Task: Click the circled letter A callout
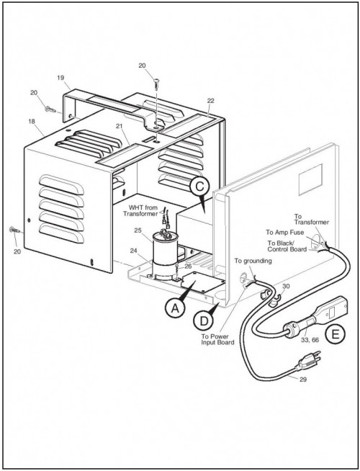point(175,308)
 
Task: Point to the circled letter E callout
point(335,334)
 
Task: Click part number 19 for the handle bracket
point(60,78)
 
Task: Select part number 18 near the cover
point(32,122)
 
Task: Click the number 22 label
point(210,101)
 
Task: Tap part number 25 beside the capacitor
point(138,230)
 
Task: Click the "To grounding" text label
point(253,261)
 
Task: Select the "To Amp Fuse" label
point(284,232)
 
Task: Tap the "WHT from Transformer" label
point(140,210)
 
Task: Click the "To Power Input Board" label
point(217,339)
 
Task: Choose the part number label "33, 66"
point(310,341)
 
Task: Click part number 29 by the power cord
point(303,380)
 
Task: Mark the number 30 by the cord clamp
point(286,286)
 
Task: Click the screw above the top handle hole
point(156,84)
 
